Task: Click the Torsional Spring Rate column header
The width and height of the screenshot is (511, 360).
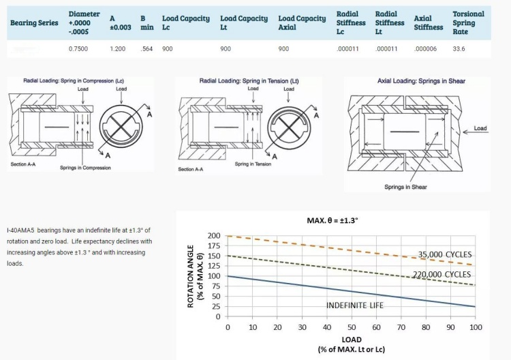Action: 468,22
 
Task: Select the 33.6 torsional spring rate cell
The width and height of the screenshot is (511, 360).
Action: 459,49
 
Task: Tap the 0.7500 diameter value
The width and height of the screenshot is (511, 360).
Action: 78,49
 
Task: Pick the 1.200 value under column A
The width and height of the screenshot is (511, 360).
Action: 118,49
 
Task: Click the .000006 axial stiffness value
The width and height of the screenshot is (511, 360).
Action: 425,49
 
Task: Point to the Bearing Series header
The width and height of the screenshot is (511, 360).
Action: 34,22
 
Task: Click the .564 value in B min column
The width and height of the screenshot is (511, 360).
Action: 146,49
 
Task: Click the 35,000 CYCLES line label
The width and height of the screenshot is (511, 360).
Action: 445,254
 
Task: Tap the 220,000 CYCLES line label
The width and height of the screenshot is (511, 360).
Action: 442,274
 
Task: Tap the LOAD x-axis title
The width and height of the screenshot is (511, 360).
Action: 352,339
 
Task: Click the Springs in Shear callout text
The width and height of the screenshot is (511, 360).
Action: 405,187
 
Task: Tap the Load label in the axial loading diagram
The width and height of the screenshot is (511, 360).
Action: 480,128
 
